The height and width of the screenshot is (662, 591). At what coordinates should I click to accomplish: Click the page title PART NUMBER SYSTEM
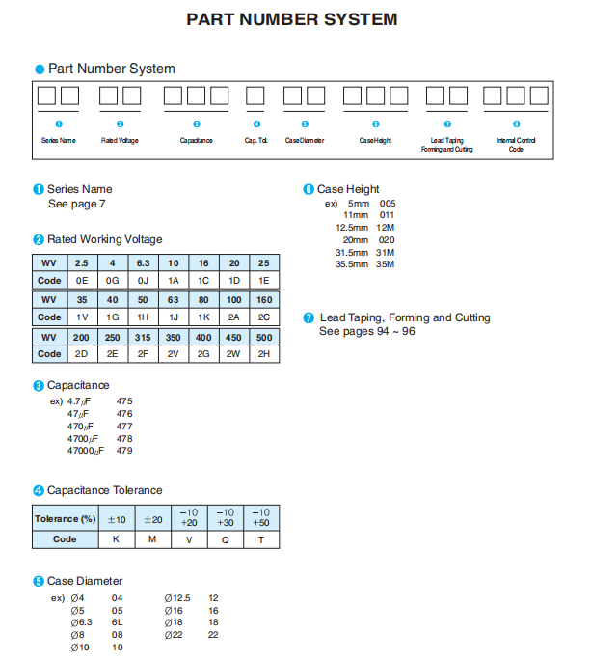[x=291, y=19]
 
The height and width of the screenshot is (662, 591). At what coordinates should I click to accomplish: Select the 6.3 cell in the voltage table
[x=143, y=263]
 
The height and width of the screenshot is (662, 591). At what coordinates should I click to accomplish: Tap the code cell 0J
[x=143, y=280]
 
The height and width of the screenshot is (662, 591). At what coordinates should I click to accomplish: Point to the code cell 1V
[x=82, y=317]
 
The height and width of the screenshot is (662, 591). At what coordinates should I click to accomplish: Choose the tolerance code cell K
[x=117, y=539]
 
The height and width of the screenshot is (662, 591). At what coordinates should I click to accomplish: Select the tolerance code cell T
[x=261, y=539]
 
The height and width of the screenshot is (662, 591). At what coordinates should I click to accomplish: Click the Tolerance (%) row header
[x=66, y=518]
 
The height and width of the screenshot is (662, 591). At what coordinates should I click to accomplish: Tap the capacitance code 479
[x=124, y=451]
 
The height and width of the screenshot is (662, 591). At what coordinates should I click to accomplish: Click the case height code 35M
[x=385, y=263]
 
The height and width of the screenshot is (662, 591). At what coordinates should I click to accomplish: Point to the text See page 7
[x=77, y=205]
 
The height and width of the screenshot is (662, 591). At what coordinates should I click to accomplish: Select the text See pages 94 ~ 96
[x=367, y=332]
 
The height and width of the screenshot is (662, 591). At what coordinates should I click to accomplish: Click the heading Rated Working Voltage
[x=104, y=239]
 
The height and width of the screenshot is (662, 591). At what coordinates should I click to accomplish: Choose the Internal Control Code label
[x=516, y=145]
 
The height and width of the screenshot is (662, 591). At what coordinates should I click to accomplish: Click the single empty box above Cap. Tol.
[x=255, y=97]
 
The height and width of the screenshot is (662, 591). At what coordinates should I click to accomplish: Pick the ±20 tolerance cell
[x=153, y=518]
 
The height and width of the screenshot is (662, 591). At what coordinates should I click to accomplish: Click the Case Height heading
[x=348, y=189]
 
